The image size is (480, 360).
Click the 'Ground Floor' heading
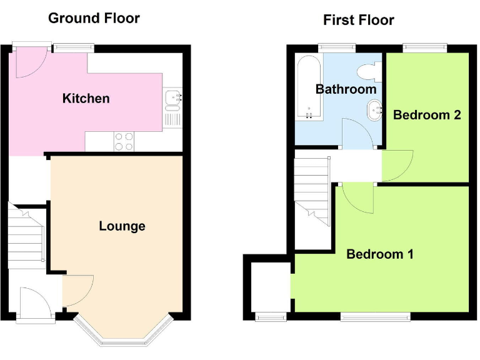point(94,17)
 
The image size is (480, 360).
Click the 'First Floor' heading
point(358,20)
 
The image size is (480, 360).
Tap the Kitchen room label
point(86,98)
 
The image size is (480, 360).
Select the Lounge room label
point(122,226)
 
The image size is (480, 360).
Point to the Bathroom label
point(346,89)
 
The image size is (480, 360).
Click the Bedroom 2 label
point(427,114)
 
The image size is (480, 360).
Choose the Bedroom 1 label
point(380,254)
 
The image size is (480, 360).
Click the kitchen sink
point(173,97)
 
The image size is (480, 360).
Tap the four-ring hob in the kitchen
point(124,141)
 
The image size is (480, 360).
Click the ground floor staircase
point(26,236)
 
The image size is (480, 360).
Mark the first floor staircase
point(312,191)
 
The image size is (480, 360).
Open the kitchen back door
point(29,62)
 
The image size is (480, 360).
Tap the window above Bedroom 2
point(425,46)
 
